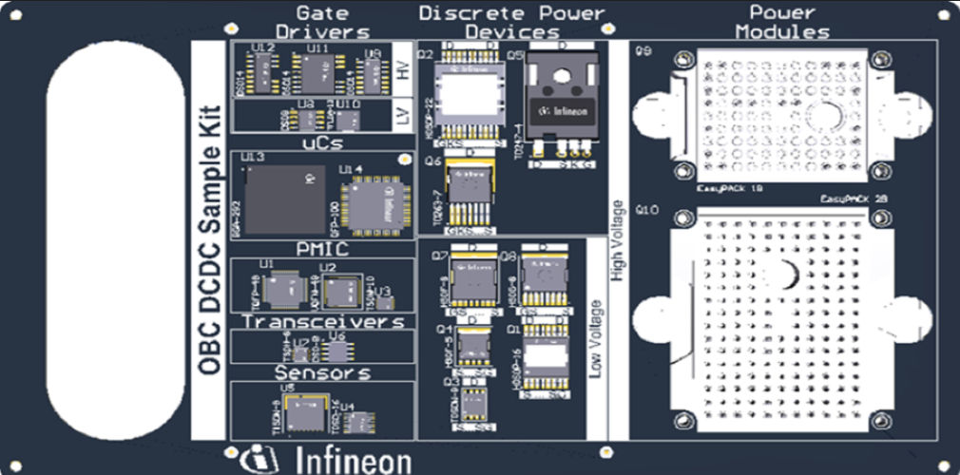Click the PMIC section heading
pos(322,249)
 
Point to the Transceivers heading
pos(322,322)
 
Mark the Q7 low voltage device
pos(467,284)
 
